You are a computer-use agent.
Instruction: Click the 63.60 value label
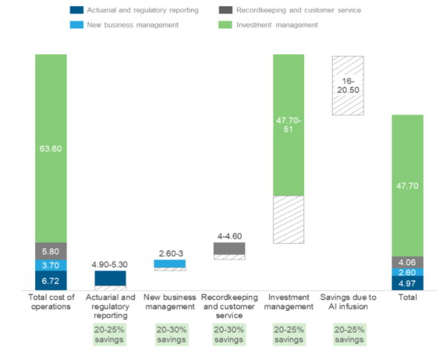point(51,148)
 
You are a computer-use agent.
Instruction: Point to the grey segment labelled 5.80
point(51,251)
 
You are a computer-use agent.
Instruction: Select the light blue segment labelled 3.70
point(51,265)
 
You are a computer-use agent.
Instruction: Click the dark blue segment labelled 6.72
point(51,280)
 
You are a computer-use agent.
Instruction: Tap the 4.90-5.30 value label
point(110,263)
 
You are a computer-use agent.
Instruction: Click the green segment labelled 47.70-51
point(288,125)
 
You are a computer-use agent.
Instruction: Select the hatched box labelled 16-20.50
point(348,85)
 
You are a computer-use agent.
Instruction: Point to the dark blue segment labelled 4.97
point(407,283)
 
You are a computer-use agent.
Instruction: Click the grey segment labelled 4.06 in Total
point(407,262)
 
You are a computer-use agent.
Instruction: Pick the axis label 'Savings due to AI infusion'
point(348,302)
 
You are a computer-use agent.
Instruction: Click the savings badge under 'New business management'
point(169,334)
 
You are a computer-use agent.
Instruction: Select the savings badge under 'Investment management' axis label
point(288,334)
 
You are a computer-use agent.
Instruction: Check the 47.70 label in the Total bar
point(407,185)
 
